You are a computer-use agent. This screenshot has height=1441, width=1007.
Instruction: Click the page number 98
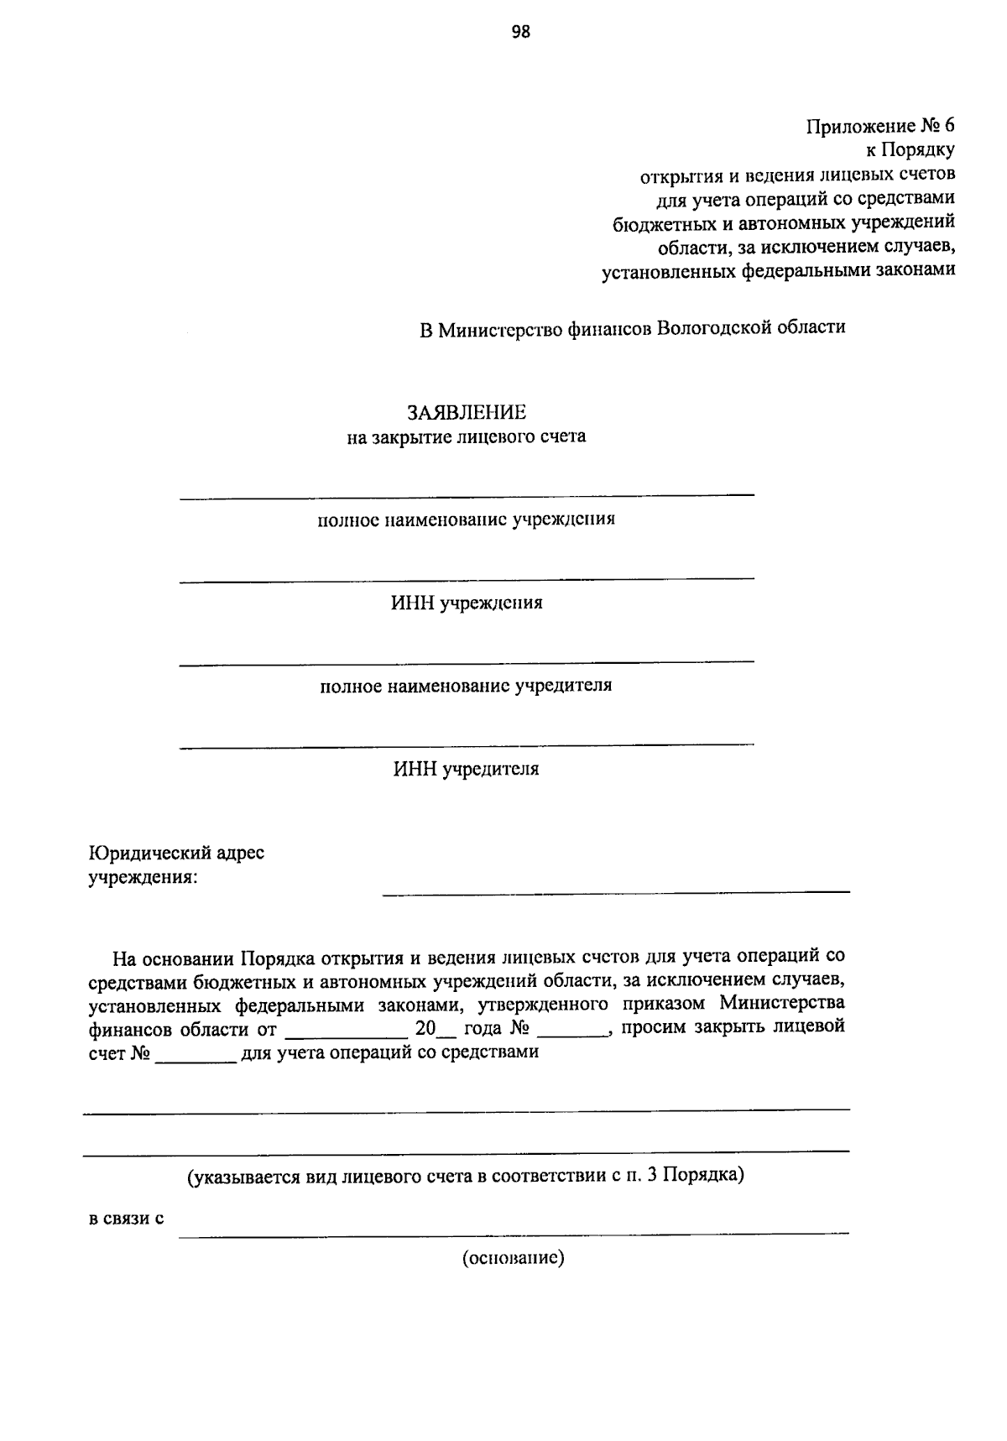(x=520, y=32)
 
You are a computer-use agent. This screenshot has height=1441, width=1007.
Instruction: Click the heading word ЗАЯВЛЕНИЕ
(x=467, y=412)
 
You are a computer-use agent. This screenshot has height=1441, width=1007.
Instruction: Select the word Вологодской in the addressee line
(x=712, y=327)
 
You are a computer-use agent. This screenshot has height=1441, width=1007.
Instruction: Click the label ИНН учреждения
(x=467, y=603)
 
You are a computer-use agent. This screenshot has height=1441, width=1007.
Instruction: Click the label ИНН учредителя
(x=467, y=769)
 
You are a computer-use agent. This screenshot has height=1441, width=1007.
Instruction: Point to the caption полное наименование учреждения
(x=467, y=519)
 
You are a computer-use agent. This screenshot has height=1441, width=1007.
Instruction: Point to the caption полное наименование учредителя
(x=467, y=686)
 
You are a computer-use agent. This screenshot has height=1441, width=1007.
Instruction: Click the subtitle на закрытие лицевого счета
(x=467, y=436)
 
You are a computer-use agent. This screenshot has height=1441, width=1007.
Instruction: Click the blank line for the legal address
(x=615, y=889)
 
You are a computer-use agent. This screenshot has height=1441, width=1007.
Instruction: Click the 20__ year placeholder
(x=433, y=1028)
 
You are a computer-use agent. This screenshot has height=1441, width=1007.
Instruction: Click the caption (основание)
(x=513, y=1258)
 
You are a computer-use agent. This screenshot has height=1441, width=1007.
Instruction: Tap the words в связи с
(x=126, y=1218)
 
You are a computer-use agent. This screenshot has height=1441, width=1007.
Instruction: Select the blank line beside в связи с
(x=513, y=1230)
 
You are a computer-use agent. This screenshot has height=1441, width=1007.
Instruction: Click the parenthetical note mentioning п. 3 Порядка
(x=467, y=1176)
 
